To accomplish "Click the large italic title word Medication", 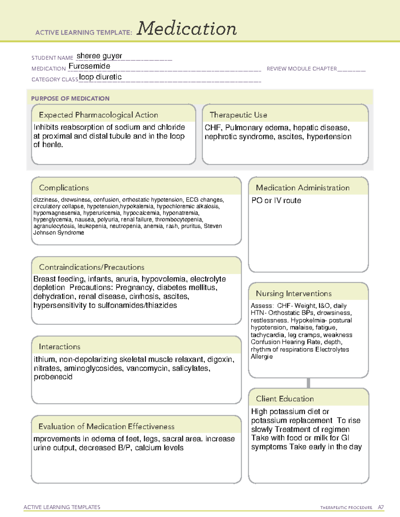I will pos(187,29).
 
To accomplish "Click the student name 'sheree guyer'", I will pos(99,56).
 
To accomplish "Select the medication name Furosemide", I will pos(89,66).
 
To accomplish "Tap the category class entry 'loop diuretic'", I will pos(100,77).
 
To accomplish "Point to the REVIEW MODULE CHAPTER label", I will pos(302,69).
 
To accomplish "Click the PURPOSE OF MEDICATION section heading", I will pos(70,99).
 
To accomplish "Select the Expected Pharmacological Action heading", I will pos(98,115).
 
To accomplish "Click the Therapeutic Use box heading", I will pos(238,115).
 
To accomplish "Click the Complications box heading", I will pos(64,188).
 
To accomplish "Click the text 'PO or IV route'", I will pos(276,200).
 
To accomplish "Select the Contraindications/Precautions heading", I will pos(92,267).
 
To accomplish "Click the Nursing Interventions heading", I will pos(294,293).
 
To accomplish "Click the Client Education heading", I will pos(285,399).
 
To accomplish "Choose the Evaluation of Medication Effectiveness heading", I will pos(106,426).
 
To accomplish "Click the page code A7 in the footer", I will pos(381,507).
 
